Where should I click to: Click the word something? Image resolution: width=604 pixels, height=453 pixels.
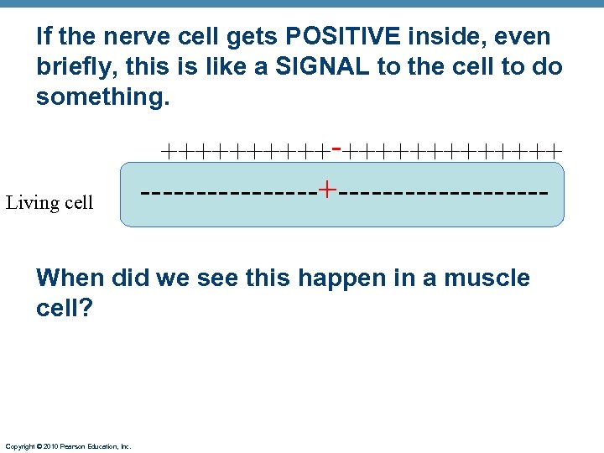(x=102, y=98)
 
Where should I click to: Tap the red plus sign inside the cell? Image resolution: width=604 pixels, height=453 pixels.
(x=326, y=190)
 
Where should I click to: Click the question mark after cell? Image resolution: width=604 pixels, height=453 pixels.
(x=86, y=308)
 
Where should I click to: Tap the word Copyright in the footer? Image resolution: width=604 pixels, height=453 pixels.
(x=20, y=446)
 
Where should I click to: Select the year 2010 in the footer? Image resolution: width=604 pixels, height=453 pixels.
(x=49, y=446)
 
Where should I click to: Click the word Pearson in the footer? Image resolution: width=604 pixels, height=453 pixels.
(x=73, y=446)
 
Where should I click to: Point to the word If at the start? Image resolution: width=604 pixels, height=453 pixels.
(x=44, y=37)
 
